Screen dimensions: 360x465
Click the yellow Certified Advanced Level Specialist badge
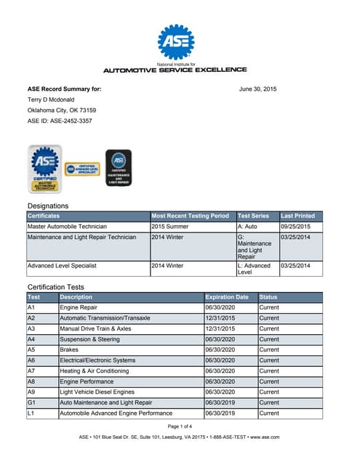tap(82, 170)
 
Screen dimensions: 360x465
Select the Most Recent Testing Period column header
tap(191, 216)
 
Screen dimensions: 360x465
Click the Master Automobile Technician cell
tap(66, 227)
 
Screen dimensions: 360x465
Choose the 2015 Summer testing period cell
tap(171, 227)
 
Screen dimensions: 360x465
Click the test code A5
tap(31, 349)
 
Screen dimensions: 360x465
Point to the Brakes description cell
tap(70, 349)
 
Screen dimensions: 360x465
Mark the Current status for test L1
tap(269, 413)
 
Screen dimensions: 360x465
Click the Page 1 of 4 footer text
tap(180, 426)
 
